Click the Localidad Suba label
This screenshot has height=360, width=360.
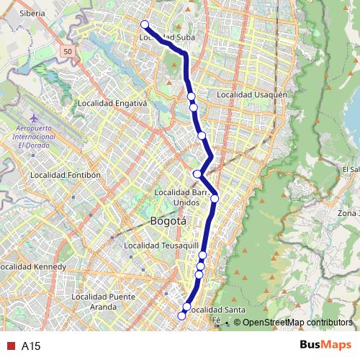[x=167, y=37]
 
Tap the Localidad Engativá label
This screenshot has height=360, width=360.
[x=115, y=103]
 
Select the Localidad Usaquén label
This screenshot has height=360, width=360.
[x=252, y=94]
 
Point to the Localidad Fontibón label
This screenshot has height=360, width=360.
[x=66, y=174]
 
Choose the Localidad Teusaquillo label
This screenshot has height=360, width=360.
[x=156, y=246]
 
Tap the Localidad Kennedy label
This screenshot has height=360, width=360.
[x=33, y=267]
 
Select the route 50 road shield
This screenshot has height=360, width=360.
[x=68, y=52]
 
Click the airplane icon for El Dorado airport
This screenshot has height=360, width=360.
[x=34, y=117]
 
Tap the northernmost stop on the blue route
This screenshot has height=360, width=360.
[x=145, y=24]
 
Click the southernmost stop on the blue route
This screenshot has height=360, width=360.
[x=181, y=315]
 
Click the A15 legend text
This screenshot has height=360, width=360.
[x=30, y=346]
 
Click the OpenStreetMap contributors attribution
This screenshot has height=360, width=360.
[x=297, y=323]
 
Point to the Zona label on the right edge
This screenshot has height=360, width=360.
[x=347, y=213]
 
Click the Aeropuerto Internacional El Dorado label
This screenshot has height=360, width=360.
[x=35, y=135]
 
